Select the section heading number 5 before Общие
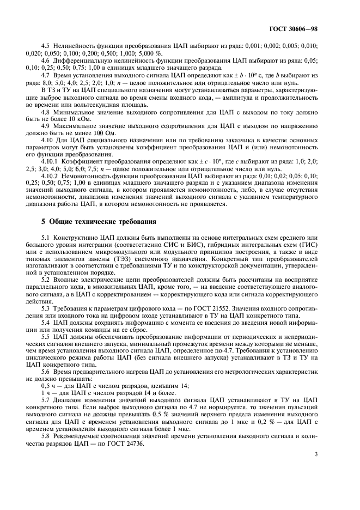[44, 222]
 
